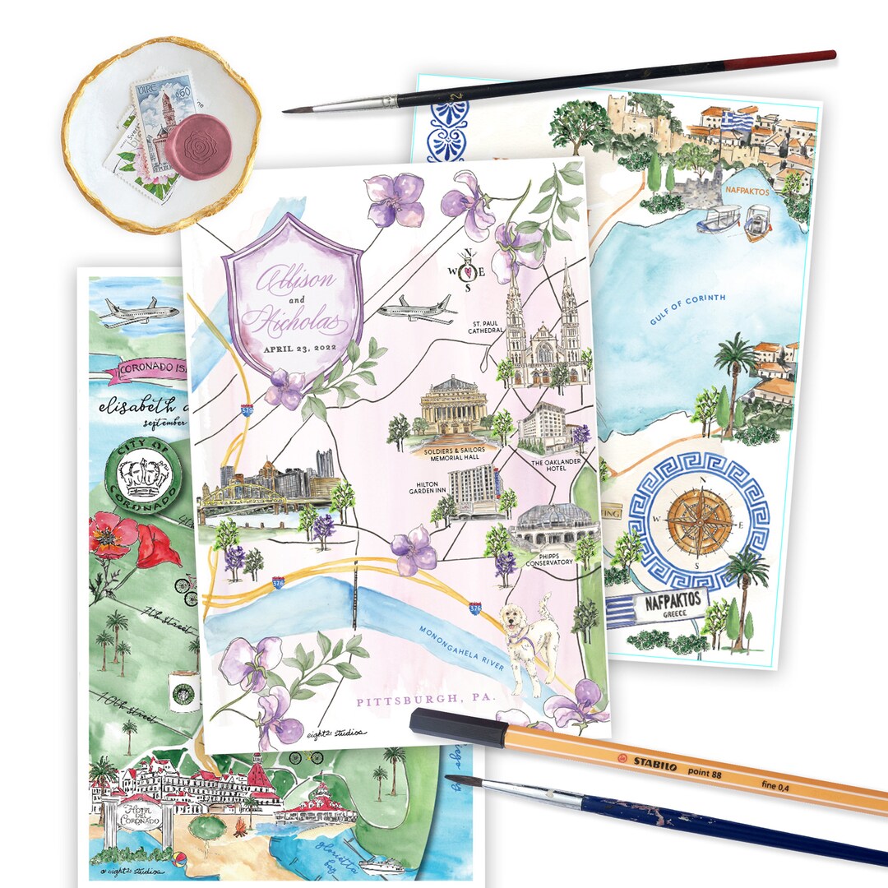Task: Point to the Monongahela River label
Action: [x=460, y=653]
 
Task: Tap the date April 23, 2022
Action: [x=299, y=348]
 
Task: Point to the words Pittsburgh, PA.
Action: [x=423, y=701]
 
